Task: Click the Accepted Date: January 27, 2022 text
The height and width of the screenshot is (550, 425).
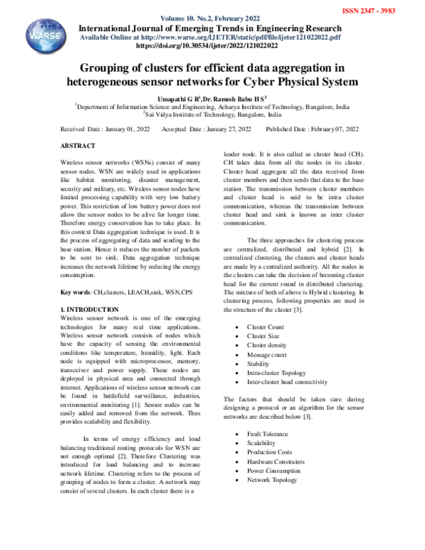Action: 206,129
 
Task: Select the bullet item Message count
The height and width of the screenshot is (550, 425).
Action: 266,354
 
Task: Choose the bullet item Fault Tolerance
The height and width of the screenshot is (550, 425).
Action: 268,433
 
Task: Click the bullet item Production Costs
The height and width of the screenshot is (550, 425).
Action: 269,451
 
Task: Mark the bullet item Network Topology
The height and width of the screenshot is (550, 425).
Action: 272,479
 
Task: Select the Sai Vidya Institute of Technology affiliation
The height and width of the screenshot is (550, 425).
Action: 212,113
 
